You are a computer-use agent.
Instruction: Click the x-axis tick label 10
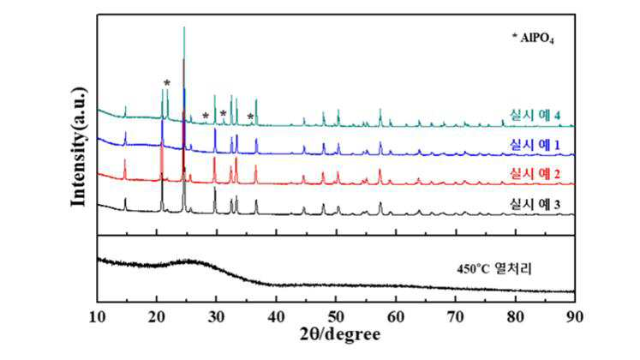tap(98, 317)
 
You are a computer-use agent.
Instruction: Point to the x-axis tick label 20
tap(157, 317)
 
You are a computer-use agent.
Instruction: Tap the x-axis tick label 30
tap(217, 317)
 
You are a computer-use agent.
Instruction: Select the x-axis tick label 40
tap(277, 317)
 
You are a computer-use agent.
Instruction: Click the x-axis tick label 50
tap(337, 317)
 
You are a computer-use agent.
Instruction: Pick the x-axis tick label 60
tap(396, 317)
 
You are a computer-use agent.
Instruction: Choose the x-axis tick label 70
tap(456, 317)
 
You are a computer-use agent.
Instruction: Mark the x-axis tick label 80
tap(516, 317)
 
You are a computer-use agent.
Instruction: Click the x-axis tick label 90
tap(575, 317)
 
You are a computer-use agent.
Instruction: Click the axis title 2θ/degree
tap(340, 334)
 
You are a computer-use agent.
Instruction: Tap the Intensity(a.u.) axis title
tap(79, 147)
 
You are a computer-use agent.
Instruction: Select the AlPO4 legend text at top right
tap(533, 38)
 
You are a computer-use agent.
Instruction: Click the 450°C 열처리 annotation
tap(494, 269)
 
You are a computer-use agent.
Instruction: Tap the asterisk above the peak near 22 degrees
tap(167, 83)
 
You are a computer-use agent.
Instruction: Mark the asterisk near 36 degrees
tap(250, 117)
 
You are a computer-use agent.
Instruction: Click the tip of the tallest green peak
tap(184, 27)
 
